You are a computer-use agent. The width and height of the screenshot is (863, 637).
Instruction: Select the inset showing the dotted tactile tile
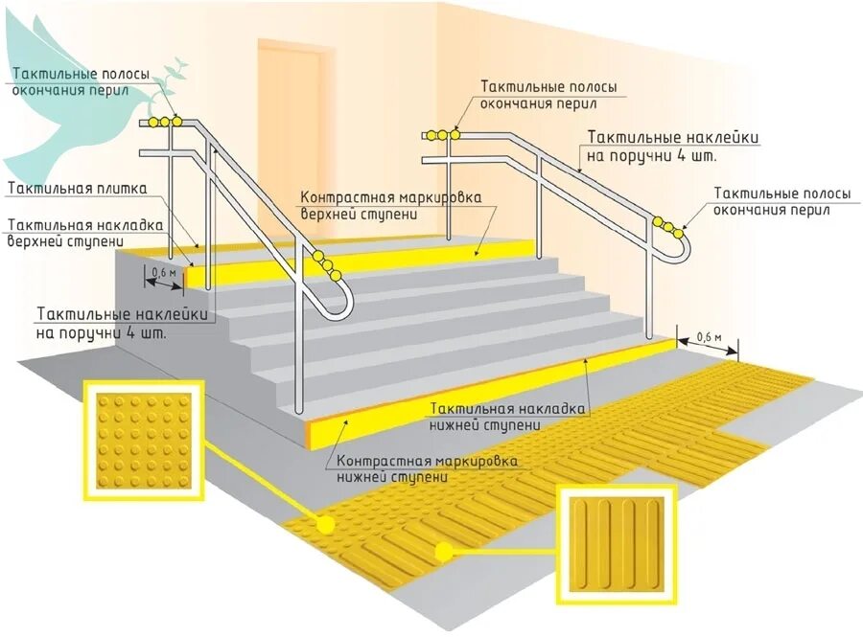[x=144, y=440]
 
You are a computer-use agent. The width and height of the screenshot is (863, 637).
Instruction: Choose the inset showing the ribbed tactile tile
[x=617, y=543]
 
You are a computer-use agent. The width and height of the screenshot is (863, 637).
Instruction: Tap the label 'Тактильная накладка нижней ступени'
[x=508, y=416]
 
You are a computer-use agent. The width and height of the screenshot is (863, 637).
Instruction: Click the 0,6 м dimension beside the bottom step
[x=708, y=336]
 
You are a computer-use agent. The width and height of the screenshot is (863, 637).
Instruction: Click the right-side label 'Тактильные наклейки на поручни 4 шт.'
[x=673, y=146]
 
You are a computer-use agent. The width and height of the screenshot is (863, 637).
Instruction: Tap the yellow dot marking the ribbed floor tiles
[x=443, y=551]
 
